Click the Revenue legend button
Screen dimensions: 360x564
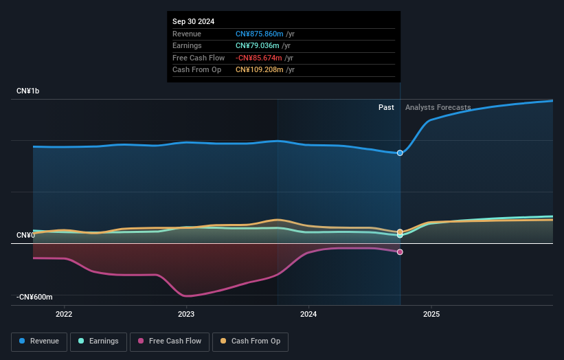point(39,341)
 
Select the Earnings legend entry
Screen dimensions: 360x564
point(98,341)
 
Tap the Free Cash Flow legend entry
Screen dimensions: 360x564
point(170,341)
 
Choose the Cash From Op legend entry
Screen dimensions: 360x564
point(250,341)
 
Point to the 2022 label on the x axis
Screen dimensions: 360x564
point(64,315)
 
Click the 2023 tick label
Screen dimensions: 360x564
point(186,315)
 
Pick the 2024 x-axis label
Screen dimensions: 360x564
point(309,315)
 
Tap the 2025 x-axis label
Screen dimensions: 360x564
point(431,315)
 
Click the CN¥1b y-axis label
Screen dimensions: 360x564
point(28,91)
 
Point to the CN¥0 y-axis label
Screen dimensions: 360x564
point(25,236)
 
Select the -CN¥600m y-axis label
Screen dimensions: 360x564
point(34,297)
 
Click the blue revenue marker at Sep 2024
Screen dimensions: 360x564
point(400,153)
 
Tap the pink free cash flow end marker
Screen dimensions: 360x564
point(400,252)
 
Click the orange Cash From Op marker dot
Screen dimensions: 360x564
point(400,232)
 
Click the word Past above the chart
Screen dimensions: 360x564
point(386,107)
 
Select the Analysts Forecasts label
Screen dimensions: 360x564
point(438,107)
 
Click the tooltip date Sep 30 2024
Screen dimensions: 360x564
point(193,21)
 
